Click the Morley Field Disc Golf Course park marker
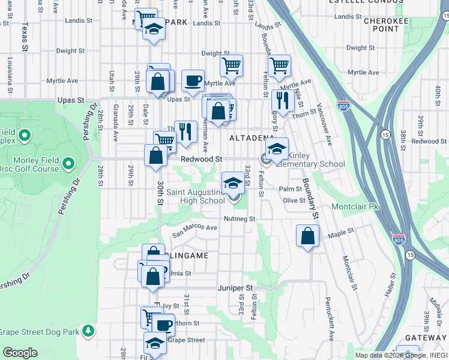click(68, 163)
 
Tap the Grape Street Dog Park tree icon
click(88, 331)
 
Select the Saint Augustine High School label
click(195, 196)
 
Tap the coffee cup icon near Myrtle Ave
click(193, 80)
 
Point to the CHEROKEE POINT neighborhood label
click(382, 25)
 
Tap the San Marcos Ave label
click(195, 228)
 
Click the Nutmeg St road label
click(235, 219)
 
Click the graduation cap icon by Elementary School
click(277, 148)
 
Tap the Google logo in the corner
click(20, 352)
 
